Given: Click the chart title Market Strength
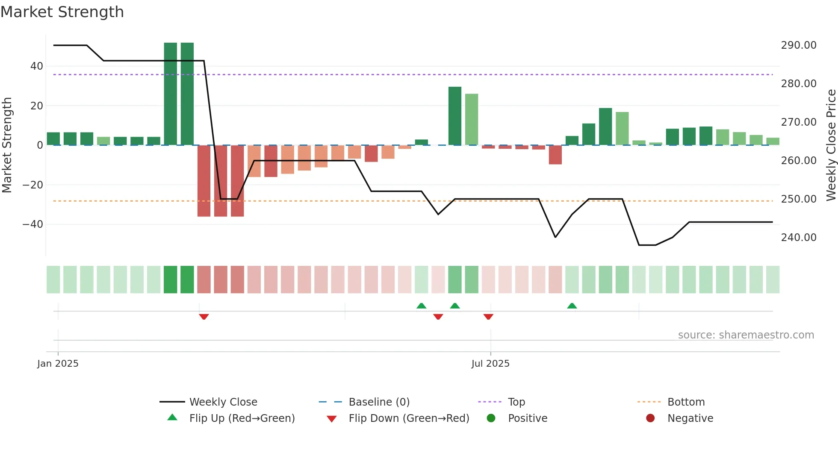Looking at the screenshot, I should (62, 12).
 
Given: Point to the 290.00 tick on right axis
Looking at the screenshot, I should (798, 45).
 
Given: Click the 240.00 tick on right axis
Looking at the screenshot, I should (798, 238).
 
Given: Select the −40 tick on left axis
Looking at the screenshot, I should (32, 224).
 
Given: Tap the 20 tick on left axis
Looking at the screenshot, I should (36, 106).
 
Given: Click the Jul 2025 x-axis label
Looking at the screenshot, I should (490, 364).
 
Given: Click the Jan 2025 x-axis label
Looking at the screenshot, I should (58, 364).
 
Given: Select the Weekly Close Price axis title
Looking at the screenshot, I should (831, 145).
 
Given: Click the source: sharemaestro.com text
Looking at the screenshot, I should (746, 335).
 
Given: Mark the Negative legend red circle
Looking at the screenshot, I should (650, 418).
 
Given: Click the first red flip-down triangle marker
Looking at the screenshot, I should (204, 317).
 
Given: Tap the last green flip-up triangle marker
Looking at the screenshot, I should (572, 306).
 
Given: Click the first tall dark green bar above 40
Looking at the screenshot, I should (170, 94).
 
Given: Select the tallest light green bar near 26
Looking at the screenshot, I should (472, 120).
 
